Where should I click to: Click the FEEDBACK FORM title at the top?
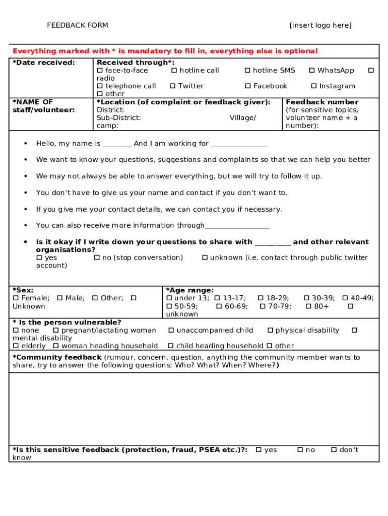click(78, 25)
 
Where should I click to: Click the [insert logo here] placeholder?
click(320, 25)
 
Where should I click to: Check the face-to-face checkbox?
click(100, 71)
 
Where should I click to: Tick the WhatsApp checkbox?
click(312, 71)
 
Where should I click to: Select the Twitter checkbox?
click(172, 86)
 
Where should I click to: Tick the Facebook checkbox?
click(247, 86)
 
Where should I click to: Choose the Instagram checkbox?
click(313, 86)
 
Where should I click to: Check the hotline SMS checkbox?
click(247, 71)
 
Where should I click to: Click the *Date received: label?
click(44, 62)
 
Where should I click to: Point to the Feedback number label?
click(322, 102)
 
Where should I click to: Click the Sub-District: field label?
click(119, 117)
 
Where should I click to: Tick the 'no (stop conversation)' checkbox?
click(97, 257)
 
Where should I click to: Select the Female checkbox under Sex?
click(15, 298)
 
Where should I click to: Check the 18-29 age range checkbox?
click(260, 298)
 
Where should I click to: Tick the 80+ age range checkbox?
click(308, 306)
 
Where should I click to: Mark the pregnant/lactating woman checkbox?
click(55, 330)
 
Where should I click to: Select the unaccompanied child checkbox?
click(171, 330)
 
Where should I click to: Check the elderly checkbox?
click(15, 346)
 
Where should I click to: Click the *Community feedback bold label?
click(57, 357)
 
